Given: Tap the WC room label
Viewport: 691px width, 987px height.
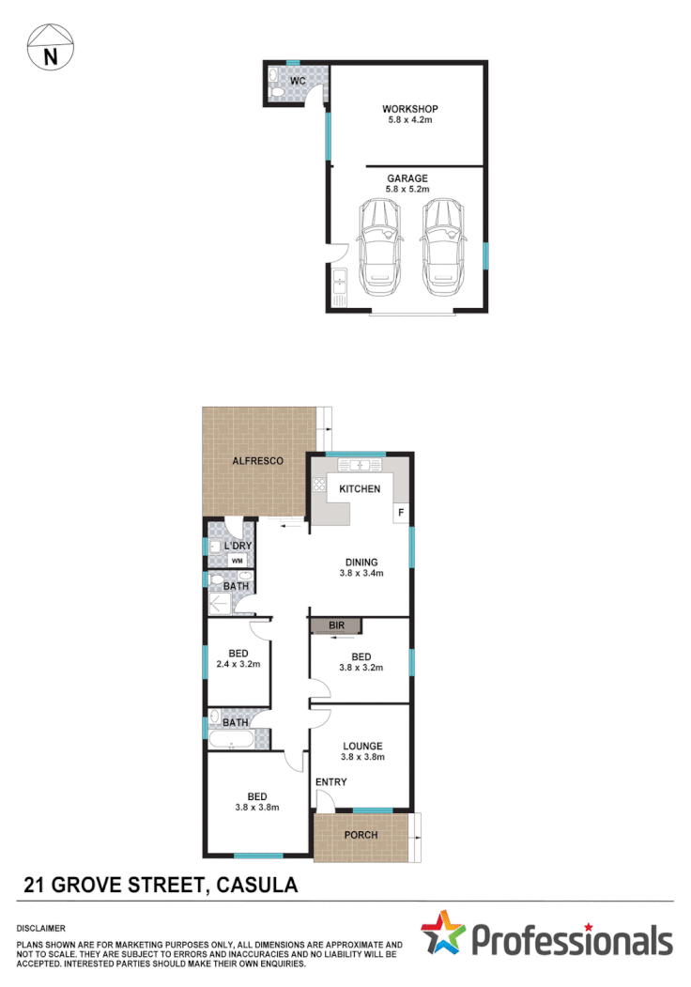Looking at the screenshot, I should [297, 82].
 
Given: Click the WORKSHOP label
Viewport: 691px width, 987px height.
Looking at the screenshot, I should [409, 109].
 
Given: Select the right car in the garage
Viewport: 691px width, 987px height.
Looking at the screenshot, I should [443, 246].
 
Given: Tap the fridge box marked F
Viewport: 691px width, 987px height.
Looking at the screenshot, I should [401, 513].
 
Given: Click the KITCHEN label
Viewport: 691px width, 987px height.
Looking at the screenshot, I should [360, 488].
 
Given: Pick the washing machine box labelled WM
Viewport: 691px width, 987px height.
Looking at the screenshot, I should [237, 561].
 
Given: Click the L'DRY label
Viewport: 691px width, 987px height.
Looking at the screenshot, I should [238, 546].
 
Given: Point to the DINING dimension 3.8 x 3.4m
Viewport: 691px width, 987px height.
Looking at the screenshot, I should [361, 573].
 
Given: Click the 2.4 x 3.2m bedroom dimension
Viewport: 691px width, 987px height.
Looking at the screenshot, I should [238, 664].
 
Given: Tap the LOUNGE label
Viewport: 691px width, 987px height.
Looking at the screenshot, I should [361, 746].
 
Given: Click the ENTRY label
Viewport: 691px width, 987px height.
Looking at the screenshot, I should [330, 781].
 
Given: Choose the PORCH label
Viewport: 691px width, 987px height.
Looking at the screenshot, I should [361, 835].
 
